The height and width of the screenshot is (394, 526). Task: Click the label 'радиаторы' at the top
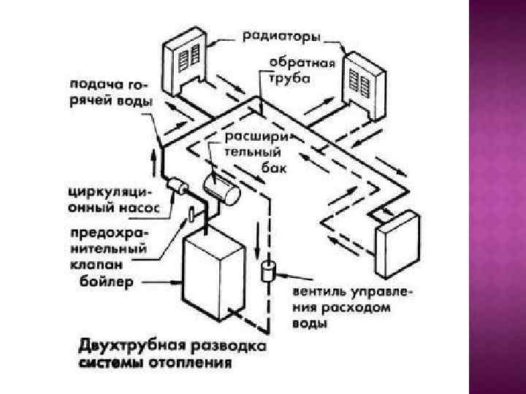(283, 35)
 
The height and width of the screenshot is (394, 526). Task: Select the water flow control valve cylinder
(267, 271)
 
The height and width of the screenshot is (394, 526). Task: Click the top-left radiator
(183, 62)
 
